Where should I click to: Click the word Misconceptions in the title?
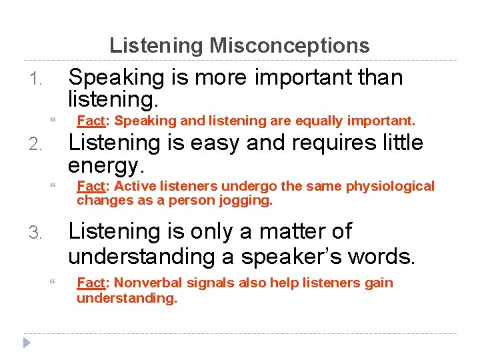(289, 45)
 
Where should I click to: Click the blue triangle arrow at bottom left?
(27, 343)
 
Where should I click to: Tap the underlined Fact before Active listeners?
(89, 186)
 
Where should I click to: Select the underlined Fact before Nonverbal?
(89, 283)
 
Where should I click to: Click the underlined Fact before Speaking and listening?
(89, 121)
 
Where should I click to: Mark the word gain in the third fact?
(379, 283)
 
